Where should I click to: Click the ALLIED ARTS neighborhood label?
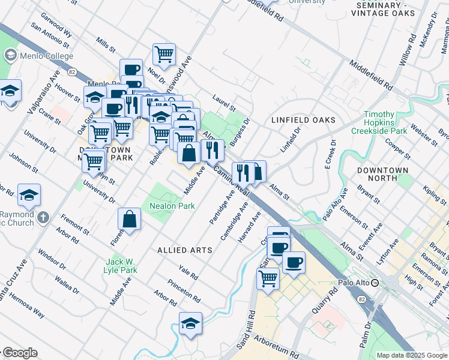[181, 249]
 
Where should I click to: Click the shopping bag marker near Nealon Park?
[130, 220]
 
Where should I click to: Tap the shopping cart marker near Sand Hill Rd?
[268, 278]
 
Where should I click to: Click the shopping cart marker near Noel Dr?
[164, 55]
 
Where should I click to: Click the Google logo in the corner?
[19, 353]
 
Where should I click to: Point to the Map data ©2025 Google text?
[411, 355]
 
